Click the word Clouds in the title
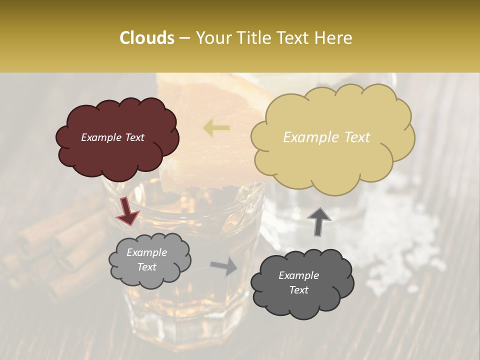click(146, 38)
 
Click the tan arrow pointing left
click(216, 128)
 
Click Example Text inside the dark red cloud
click(113, 137)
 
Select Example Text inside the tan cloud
click(326, 137)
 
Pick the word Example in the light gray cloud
click(146, 252)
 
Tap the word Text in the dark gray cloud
click(298, 290)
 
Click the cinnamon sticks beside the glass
click(60, 250)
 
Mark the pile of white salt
click(400, 235)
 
